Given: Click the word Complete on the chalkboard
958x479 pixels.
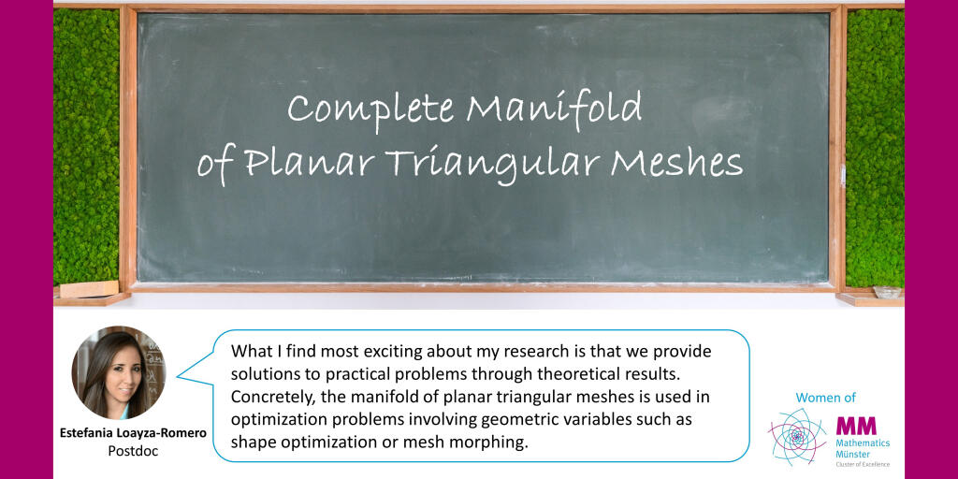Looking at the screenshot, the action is click(x=370, y=110).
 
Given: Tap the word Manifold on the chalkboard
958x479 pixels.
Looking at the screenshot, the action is click(x=554, y=109).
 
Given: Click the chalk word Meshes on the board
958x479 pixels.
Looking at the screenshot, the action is click(x=676, y=163).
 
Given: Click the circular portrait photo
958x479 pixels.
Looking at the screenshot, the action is click(x=119, y=372).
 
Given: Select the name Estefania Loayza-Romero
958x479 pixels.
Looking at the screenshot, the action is click(x=133, y=433).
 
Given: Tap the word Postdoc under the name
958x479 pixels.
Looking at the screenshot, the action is click(x=133, y=451).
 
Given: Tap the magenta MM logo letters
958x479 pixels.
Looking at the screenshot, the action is click(x=856, y=426).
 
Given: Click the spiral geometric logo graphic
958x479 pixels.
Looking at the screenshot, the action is click(x=797, y=436).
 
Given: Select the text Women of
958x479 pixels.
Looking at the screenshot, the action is click(x=825, y=398).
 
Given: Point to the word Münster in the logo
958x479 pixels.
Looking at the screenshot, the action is click(x=850, y=454).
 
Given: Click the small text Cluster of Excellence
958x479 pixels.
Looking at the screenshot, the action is click(x=862, y=464).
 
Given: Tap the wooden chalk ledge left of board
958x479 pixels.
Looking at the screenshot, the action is click(x=92, y=293).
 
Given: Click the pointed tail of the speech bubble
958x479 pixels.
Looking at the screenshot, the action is click(x=177, y=376).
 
